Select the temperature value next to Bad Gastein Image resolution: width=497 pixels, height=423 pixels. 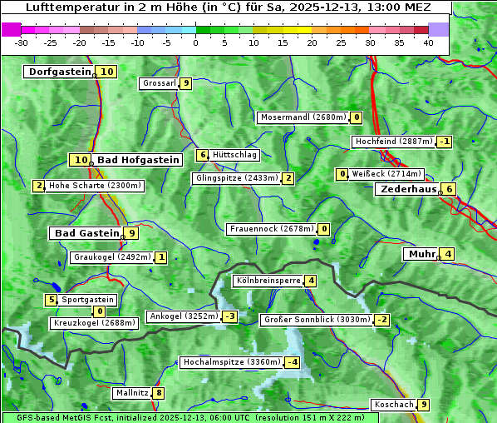point(131,233)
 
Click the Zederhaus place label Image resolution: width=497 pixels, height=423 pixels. point(407,189)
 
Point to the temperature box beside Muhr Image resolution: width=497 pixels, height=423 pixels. point(448,254)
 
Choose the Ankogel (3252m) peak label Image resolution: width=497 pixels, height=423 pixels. point(183,316)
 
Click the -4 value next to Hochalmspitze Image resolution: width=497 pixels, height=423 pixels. point(292,362)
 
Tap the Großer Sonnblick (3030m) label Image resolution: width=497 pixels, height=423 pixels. point(316,320)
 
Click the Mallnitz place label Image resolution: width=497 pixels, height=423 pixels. point(131,393)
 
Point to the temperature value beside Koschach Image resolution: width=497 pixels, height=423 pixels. point(424,405)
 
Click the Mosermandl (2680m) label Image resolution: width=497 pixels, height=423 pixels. point(303,117)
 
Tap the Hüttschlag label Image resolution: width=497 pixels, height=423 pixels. point(235,155)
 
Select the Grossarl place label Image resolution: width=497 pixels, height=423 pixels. point(159,83)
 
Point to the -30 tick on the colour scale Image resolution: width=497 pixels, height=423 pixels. point(22,42)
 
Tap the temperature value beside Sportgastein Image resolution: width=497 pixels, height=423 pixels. point(52,300)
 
